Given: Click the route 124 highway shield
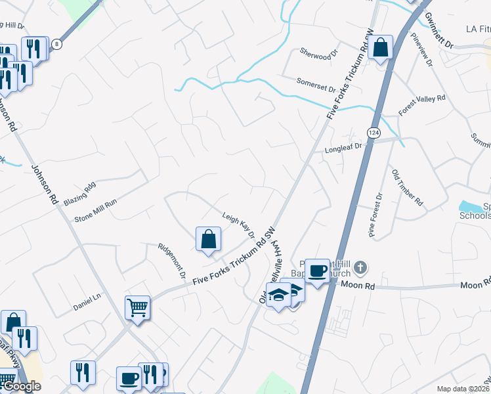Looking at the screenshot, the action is click(x=374, y=133).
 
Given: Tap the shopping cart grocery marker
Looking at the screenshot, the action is click(x=138, y=307).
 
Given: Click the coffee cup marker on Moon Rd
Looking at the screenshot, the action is click(x=318, y=270).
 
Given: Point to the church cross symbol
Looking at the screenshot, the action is click(x=360, y=268).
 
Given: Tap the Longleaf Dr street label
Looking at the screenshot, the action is click(x=344, y=149).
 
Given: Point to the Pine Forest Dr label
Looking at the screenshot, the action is click(x=375, y=215).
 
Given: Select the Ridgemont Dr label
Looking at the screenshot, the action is click(x=173, y=261).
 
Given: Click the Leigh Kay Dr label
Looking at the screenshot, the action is click(x=238, y=225).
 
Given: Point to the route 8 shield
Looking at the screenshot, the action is click(x=58, y=44).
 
